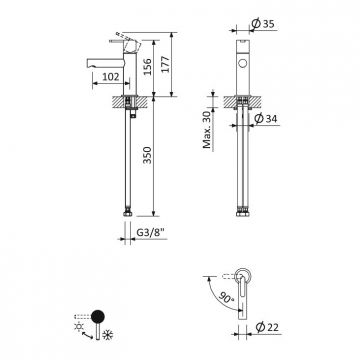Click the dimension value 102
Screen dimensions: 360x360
click(x=111, y=77)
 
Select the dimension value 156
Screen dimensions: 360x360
click(x=147, y=67)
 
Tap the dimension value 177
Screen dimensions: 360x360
click(x=165, y=64)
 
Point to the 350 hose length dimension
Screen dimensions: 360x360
click(x=147, y=155)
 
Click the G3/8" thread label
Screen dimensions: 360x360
click(x=151, y=233)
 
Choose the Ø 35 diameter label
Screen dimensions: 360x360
click(x=263, y=24)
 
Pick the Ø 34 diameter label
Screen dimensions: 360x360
click(x=266, y=118)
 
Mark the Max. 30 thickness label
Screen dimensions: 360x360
click(x=207, y=130)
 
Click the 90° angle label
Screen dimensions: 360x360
click(x=228, y=298)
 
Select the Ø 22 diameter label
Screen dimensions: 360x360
click(x=267, y=327)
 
